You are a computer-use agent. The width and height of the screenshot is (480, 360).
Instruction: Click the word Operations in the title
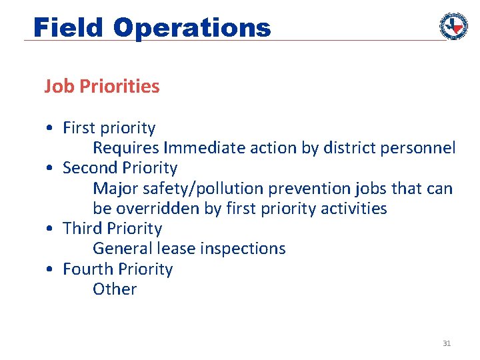click(192, 27)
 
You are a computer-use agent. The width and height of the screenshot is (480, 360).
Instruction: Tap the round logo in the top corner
click(453, 25)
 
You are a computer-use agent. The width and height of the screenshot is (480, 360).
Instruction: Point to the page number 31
click(447, 343)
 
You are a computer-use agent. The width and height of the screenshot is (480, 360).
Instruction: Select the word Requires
click(126, 148)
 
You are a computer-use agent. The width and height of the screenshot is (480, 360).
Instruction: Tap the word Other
click(115, 289)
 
